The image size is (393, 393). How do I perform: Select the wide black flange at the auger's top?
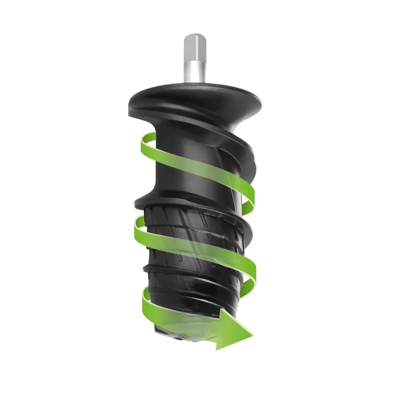coord(195,97)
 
